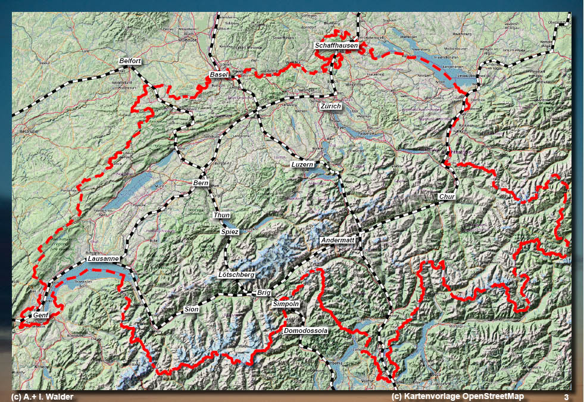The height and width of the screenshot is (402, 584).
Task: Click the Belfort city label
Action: (130, 61)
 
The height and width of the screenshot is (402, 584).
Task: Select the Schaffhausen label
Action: (336, 46)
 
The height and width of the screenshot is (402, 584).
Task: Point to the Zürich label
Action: (330, 106)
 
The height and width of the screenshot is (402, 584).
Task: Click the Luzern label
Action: (302, 164)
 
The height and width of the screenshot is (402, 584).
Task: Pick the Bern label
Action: (201, 183)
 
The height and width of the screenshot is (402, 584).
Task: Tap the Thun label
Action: (221, 214)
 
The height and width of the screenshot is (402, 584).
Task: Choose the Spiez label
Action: (229, 231)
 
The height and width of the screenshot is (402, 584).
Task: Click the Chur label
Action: (446, 197)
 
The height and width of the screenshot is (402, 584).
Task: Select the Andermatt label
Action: (338, 240)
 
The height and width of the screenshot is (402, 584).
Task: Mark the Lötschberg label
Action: (236, 275)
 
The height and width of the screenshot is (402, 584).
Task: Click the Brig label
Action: (264, 293)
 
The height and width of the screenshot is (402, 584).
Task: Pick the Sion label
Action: (192, 310)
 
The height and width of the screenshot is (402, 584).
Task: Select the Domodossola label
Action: (306, 330)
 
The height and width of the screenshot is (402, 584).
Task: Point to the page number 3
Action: (566, 397)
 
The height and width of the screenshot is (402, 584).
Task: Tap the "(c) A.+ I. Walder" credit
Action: (42, 397)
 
